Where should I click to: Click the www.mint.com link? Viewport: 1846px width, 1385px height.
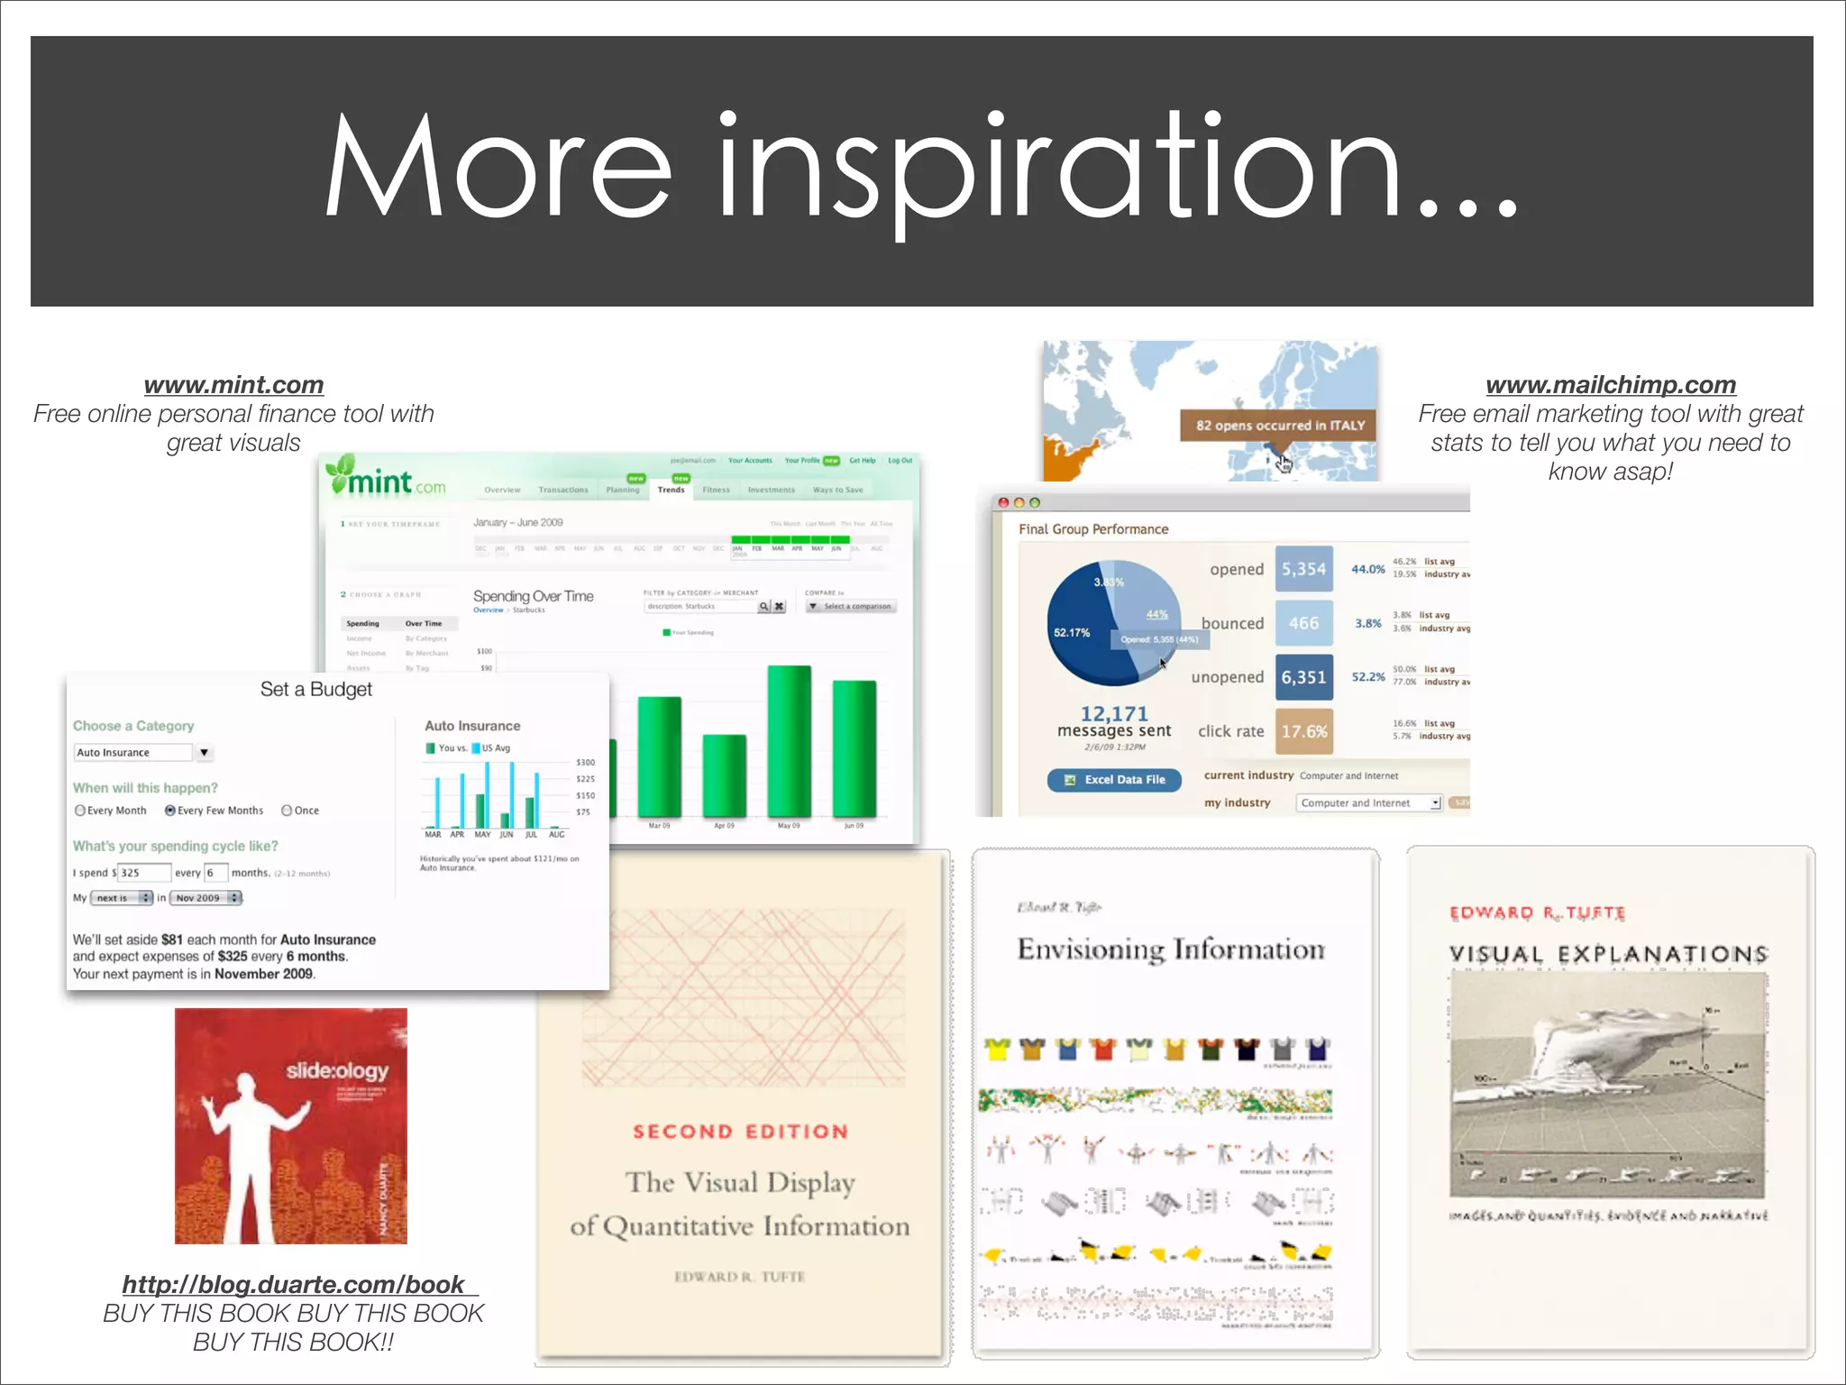(x=233, y=385)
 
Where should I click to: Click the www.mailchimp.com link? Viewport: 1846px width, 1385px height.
(x=1610, y=385)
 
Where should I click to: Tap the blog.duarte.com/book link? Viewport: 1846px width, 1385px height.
(x=294, y=1284)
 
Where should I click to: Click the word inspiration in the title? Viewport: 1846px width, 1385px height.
(x=1059, y=171)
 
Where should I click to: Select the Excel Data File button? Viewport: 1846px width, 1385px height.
(x=1115, y=780)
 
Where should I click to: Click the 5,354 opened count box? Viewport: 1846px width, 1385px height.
(x=1303, y=569)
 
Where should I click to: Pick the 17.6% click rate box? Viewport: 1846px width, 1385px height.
(x=1303, y=731)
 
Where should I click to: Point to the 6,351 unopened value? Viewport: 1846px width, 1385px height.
(x=1303, y=677)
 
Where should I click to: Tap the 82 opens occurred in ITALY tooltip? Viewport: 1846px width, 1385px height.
(x=1279, y=426)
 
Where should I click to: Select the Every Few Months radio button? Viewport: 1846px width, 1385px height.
(x=169, y=811)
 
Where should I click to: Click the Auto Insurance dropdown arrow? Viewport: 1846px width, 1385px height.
(x=205, y=752)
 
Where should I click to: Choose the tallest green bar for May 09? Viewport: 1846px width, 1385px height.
(x=789, y=741)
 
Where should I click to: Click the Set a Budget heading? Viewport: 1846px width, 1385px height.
(x=315, y=690)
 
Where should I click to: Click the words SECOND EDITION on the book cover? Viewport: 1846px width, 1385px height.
(x=740, y=1132)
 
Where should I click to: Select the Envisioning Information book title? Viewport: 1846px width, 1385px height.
(x=1171, y=949)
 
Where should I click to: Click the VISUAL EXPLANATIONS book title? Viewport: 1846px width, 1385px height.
(x=1608, y=954)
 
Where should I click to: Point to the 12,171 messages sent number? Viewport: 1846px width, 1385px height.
(x=1114, y=713)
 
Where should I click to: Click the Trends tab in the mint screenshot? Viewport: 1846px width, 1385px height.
(x=671, y=490)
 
